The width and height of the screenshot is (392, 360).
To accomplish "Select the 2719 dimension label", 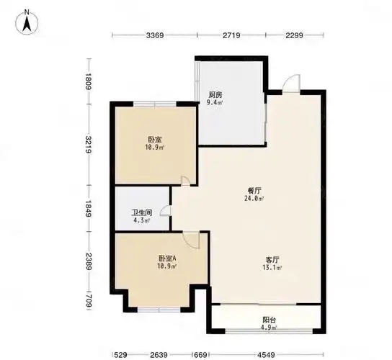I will click(x=232, y=35).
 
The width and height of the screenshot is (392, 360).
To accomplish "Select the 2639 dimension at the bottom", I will click(x=159, y=354).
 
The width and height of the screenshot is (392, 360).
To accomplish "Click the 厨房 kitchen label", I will click(x=215, y=95).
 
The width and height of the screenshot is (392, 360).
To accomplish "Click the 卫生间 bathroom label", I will click(x=141, y=213).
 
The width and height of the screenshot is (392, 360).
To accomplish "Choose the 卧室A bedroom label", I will click(x=168, y=258).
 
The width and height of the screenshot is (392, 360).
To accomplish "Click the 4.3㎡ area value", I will click(x=142, y=221).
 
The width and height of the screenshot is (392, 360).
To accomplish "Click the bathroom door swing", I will click(x=166, y=211).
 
